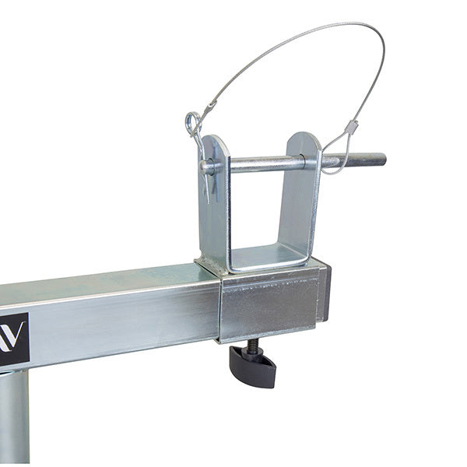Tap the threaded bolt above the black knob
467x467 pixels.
[253, 345]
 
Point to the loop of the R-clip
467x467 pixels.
[191, 122]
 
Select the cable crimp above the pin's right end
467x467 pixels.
[352, 126]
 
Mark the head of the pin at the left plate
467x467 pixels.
[206, 166]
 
